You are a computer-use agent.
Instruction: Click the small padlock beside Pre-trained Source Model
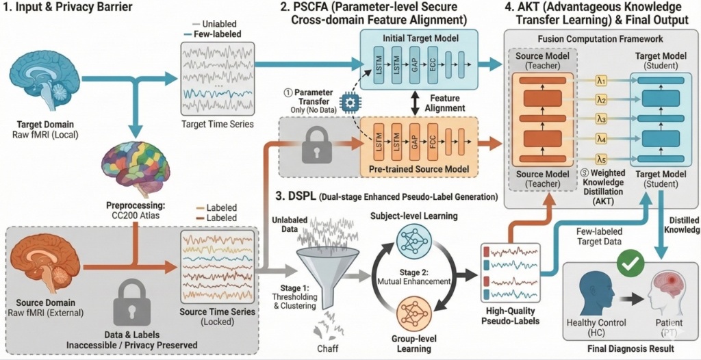coord(318,144)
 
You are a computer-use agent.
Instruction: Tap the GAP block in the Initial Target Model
coord(413,66)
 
